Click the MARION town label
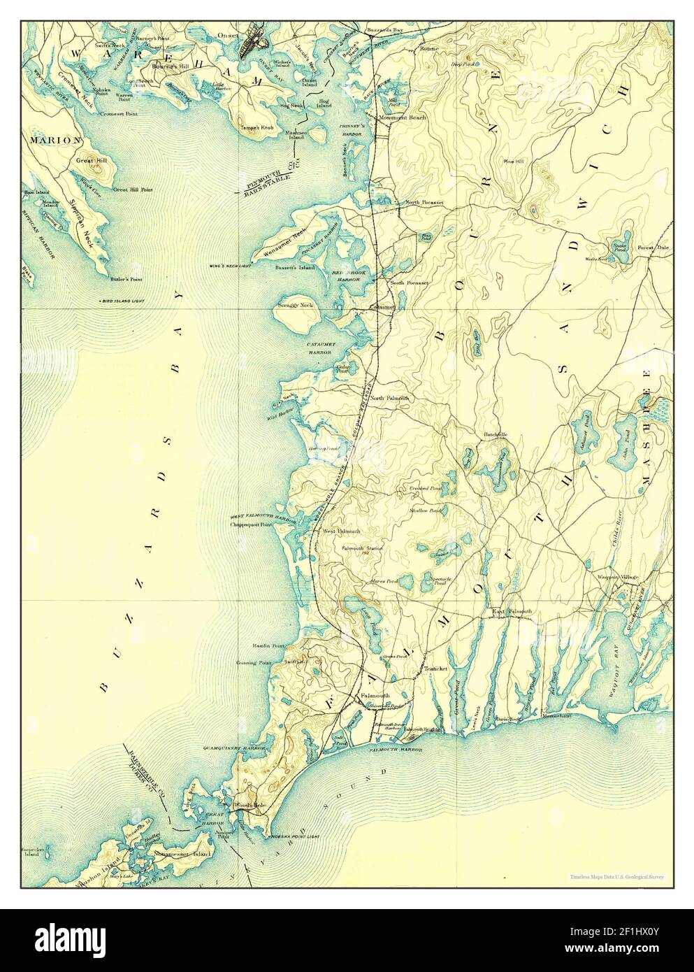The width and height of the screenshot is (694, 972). pyautogui.click(x=55, y=140)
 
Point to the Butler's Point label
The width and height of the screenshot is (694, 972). pyautogui.click(x=126, y=278)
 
